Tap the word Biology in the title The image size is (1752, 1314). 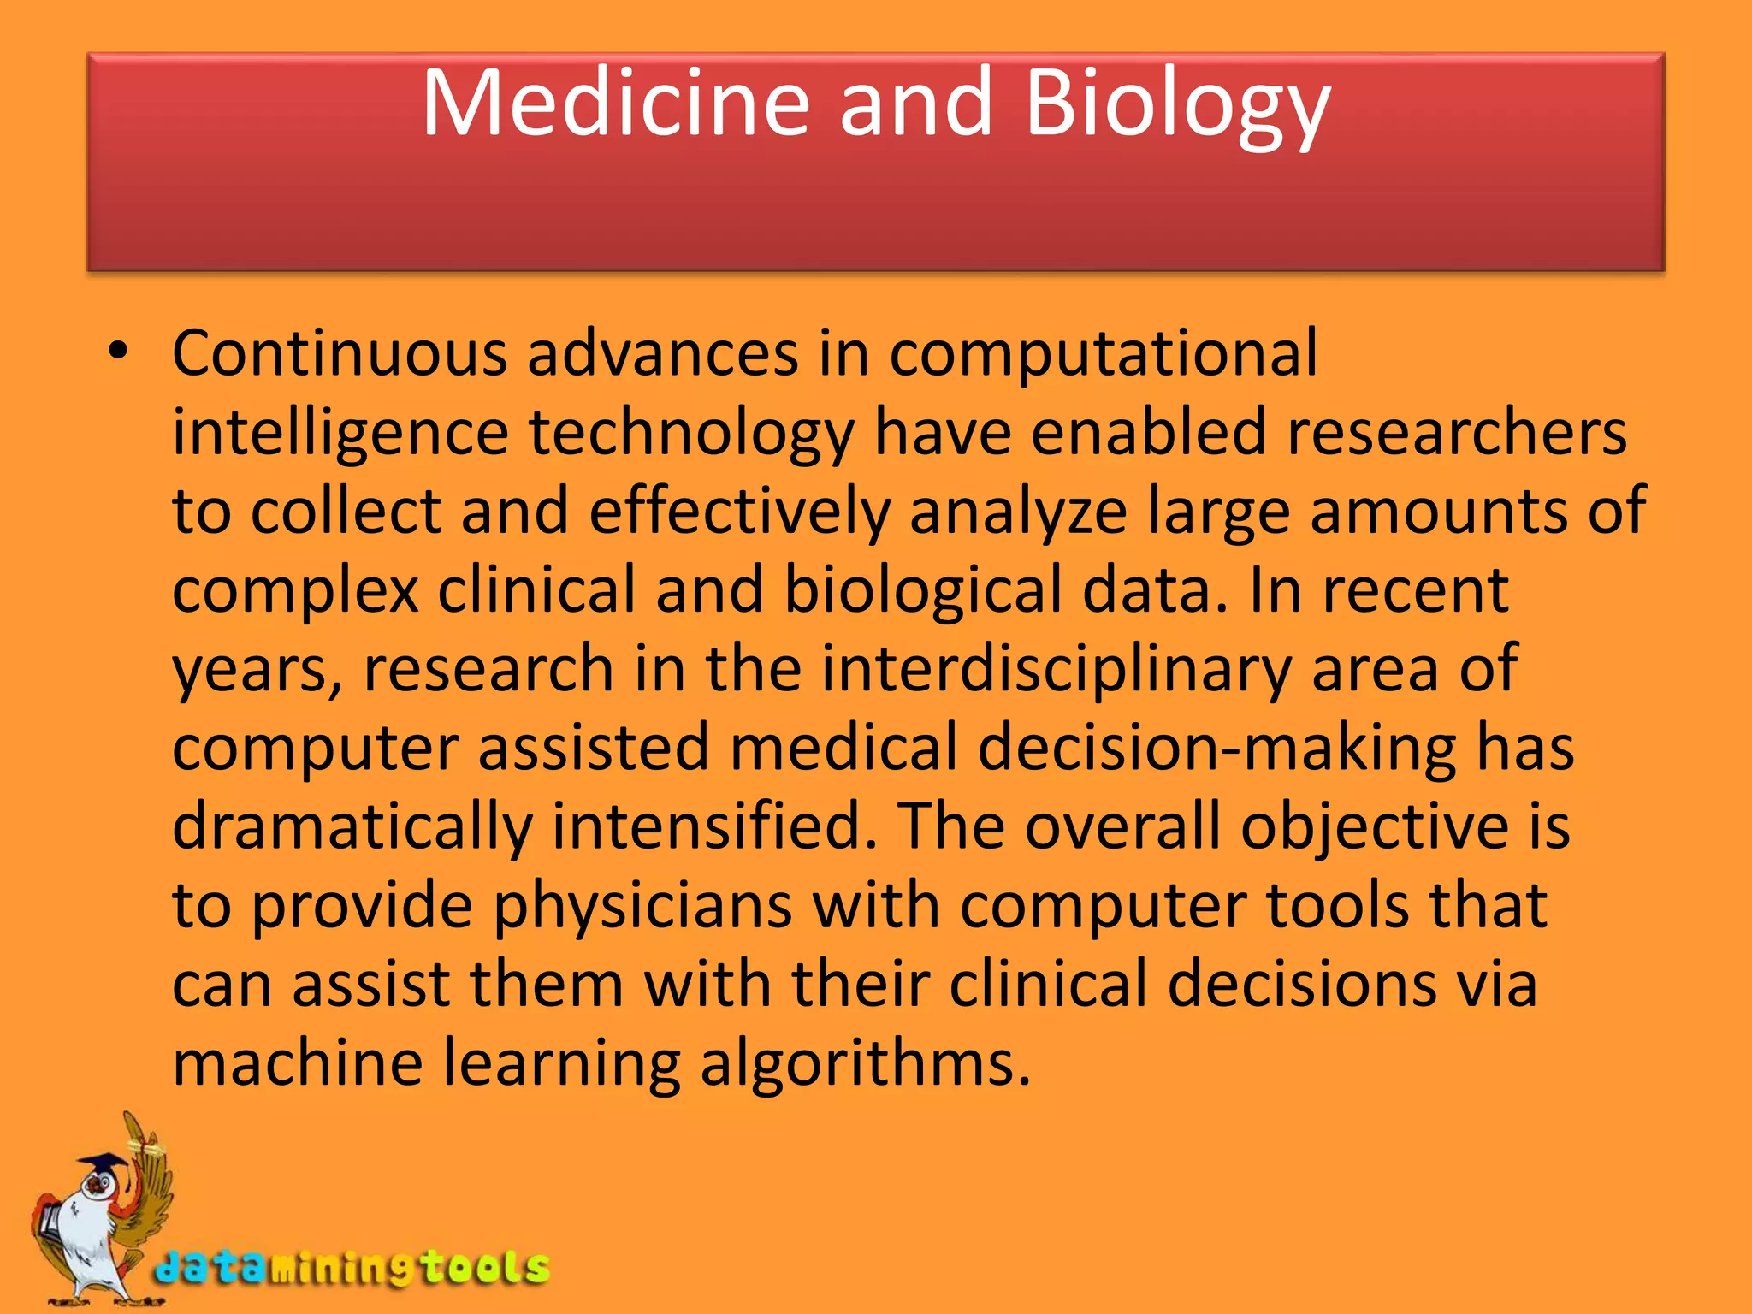(x=1177, y=107)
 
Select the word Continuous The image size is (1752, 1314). (x=340, y=353)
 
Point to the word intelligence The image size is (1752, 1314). (x=340, y=433)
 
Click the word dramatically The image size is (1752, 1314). (x=352, y=827)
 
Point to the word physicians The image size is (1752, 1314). (x=642, y=906)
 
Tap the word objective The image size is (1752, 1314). (x=1375, y=826)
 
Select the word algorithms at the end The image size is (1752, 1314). (x=865, y=1064)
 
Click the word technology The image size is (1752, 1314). (x=691, y=433)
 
